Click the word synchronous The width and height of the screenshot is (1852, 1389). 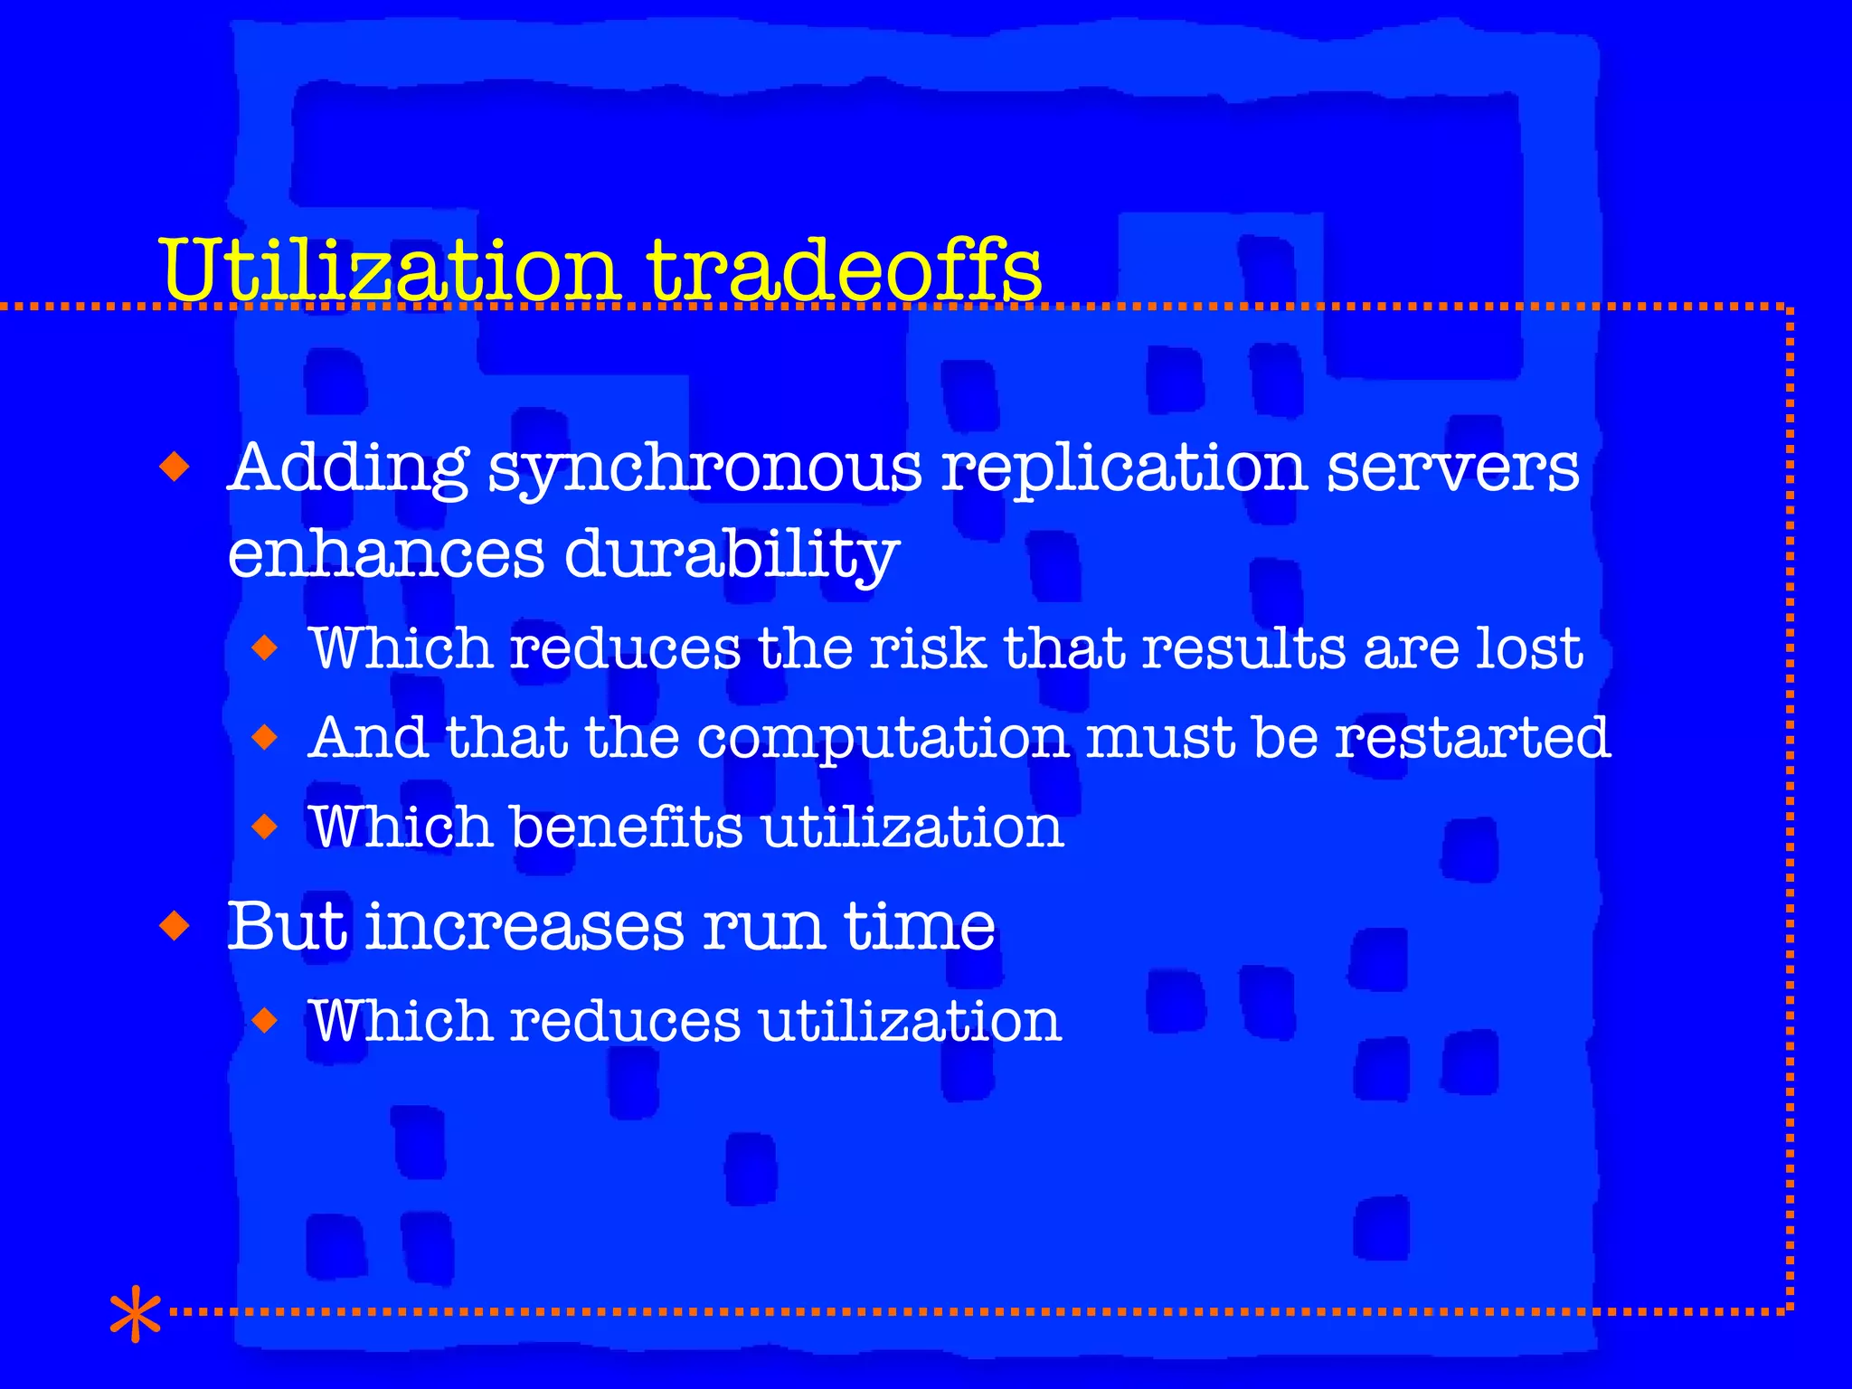point(705,470)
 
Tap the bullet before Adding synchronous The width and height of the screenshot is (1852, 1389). point(175,468)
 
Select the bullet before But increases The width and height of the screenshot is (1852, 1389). point(175,926)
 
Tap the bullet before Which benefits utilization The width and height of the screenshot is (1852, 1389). point(264,827)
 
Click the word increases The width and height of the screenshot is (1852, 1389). point(524,926)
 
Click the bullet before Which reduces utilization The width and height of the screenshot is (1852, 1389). point(264,1021)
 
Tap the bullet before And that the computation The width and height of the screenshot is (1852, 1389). point(264,738)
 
